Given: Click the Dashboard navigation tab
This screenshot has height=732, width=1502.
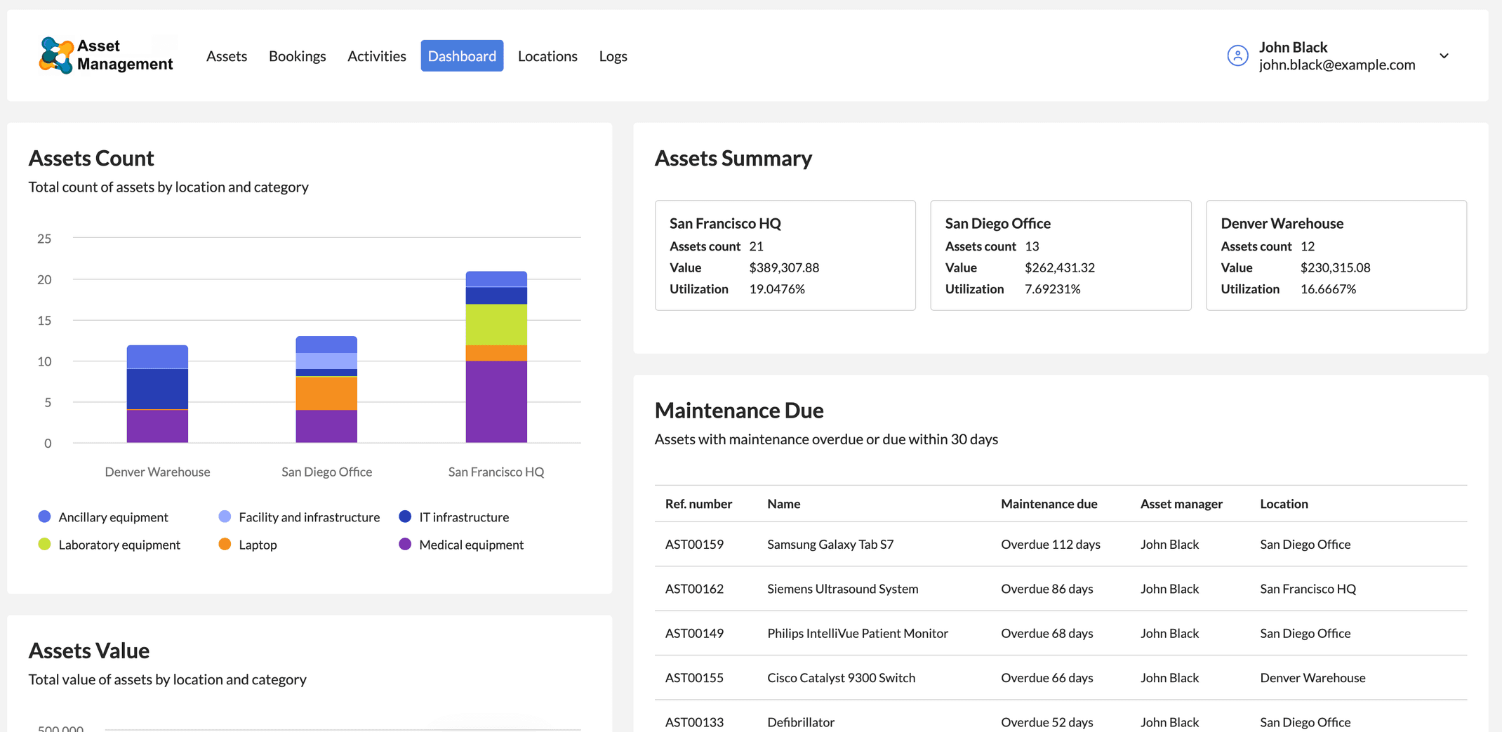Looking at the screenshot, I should click(x=462, y=56).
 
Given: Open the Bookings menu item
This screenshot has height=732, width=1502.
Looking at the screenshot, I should click(x=297, y=56).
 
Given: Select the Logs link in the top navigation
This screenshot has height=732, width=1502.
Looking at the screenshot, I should click(x=613, y=56).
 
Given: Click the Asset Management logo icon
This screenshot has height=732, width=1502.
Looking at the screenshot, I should click(x=56, y=55).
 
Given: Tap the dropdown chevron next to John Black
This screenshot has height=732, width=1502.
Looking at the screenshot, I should click(x=1444, y=56).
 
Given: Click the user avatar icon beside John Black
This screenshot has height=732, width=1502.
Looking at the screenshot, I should click(x=1237, y=55).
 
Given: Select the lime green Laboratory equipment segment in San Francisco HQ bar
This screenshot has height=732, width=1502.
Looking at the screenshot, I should click(x=496, y=324).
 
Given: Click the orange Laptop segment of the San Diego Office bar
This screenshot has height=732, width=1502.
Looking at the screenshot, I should click(x=326, y=393).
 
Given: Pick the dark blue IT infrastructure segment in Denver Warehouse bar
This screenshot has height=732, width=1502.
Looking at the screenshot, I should click(x=157, y=389).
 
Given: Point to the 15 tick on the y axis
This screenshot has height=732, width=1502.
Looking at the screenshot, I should click(x=44, y=321).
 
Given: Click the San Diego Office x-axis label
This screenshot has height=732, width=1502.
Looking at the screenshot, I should click(x=326, y=472).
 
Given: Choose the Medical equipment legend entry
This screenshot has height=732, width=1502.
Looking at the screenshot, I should click(x=461, y=545).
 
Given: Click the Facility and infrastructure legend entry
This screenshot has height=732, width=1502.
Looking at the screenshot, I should click(x=300, y=517).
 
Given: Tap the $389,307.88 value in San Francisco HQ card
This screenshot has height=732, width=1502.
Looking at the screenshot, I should click(x=784, y=267).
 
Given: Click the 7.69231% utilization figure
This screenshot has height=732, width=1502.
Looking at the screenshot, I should click(x=1052, y=289).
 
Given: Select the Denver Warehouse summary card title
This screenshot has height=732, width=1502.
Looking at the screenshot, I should click(x=1282, y=223).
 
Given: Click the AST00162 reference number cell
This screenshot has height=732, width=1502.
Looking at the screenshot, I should click(x=694, y=589).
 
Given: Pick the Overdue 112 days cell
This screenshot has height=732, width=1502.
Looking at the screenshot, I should click(x=1050, y=545).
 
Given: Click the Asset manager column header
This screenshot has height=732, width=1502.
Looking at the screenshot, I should click(x=1181, y=504).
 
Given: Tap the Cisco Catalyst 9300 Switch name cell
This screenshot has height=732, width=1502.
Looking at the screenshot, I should click(x=841, y=678).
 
